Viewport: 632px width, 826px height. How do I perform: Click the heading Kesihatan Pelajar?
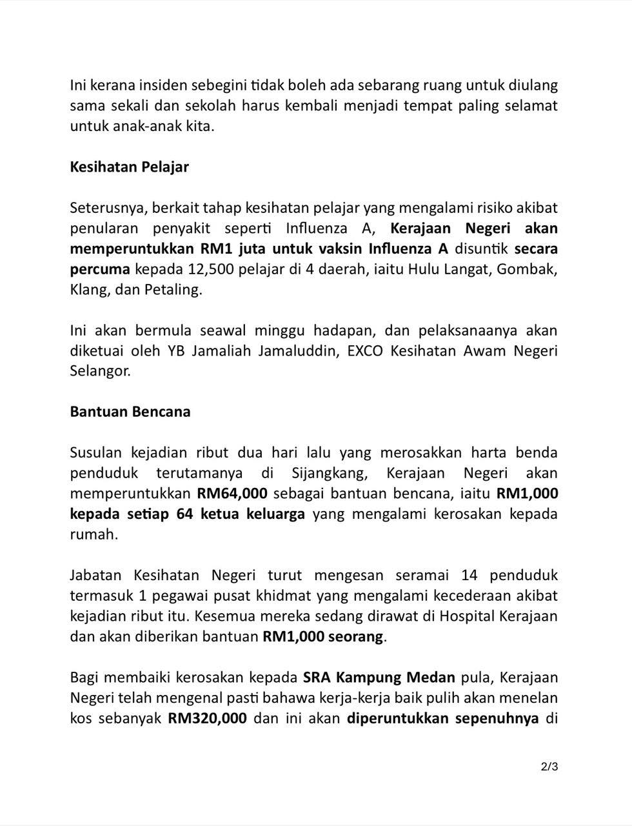(129, 167)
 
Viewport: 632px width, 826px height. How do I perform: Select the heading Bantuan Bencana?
(130, 412)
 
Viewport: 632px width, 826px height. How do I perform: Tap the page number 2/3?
(549, 767)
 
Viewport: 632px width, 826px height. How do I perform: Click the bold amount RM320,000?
(208, 718)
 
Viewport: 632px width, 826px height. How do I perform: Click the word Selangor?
(100, 372)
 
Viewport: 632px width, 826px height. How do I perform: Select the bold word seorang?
(355, 637)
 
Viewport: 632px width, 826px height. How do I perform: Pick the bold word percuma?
(100, 269)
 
